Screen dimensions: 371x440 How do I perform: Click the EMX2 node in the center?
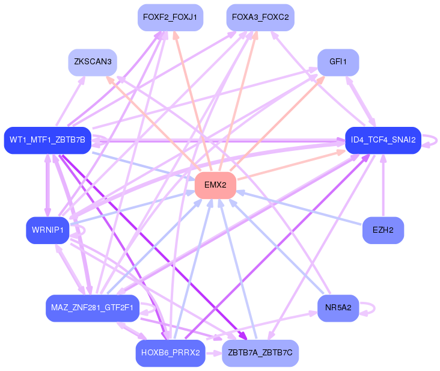coord(215,185)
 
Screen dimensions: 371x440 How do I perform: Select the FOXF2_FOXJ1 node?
coord(170,17)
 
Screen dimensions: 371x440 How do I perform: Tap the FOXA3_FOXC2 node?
coord(260,17)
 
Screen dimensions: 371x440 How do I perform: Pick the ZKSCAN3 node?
coord(93,62)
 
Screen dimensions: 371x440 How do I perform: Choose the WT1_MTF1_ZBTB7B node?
coord(47,140)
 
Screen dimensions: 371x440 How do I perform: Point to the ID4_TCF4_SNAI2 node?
coord(383,140)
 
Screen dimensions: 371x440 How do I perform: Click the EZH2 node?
coord(383,230)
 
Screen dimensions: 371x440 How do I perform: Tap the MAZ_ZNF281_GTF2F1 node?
coord(93,308)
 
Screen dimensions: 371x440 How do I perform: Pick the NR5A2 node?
coord(338,308)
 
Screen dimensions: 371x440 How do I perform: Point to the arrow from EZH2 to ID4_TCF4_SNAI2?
coord(383,186)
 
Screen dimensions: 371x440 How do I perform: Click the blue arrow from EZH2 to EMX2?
coord(301,208)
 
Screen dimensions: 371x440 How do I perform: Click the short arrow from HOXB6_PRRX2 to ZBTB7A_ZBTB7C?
coord(213,353)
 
